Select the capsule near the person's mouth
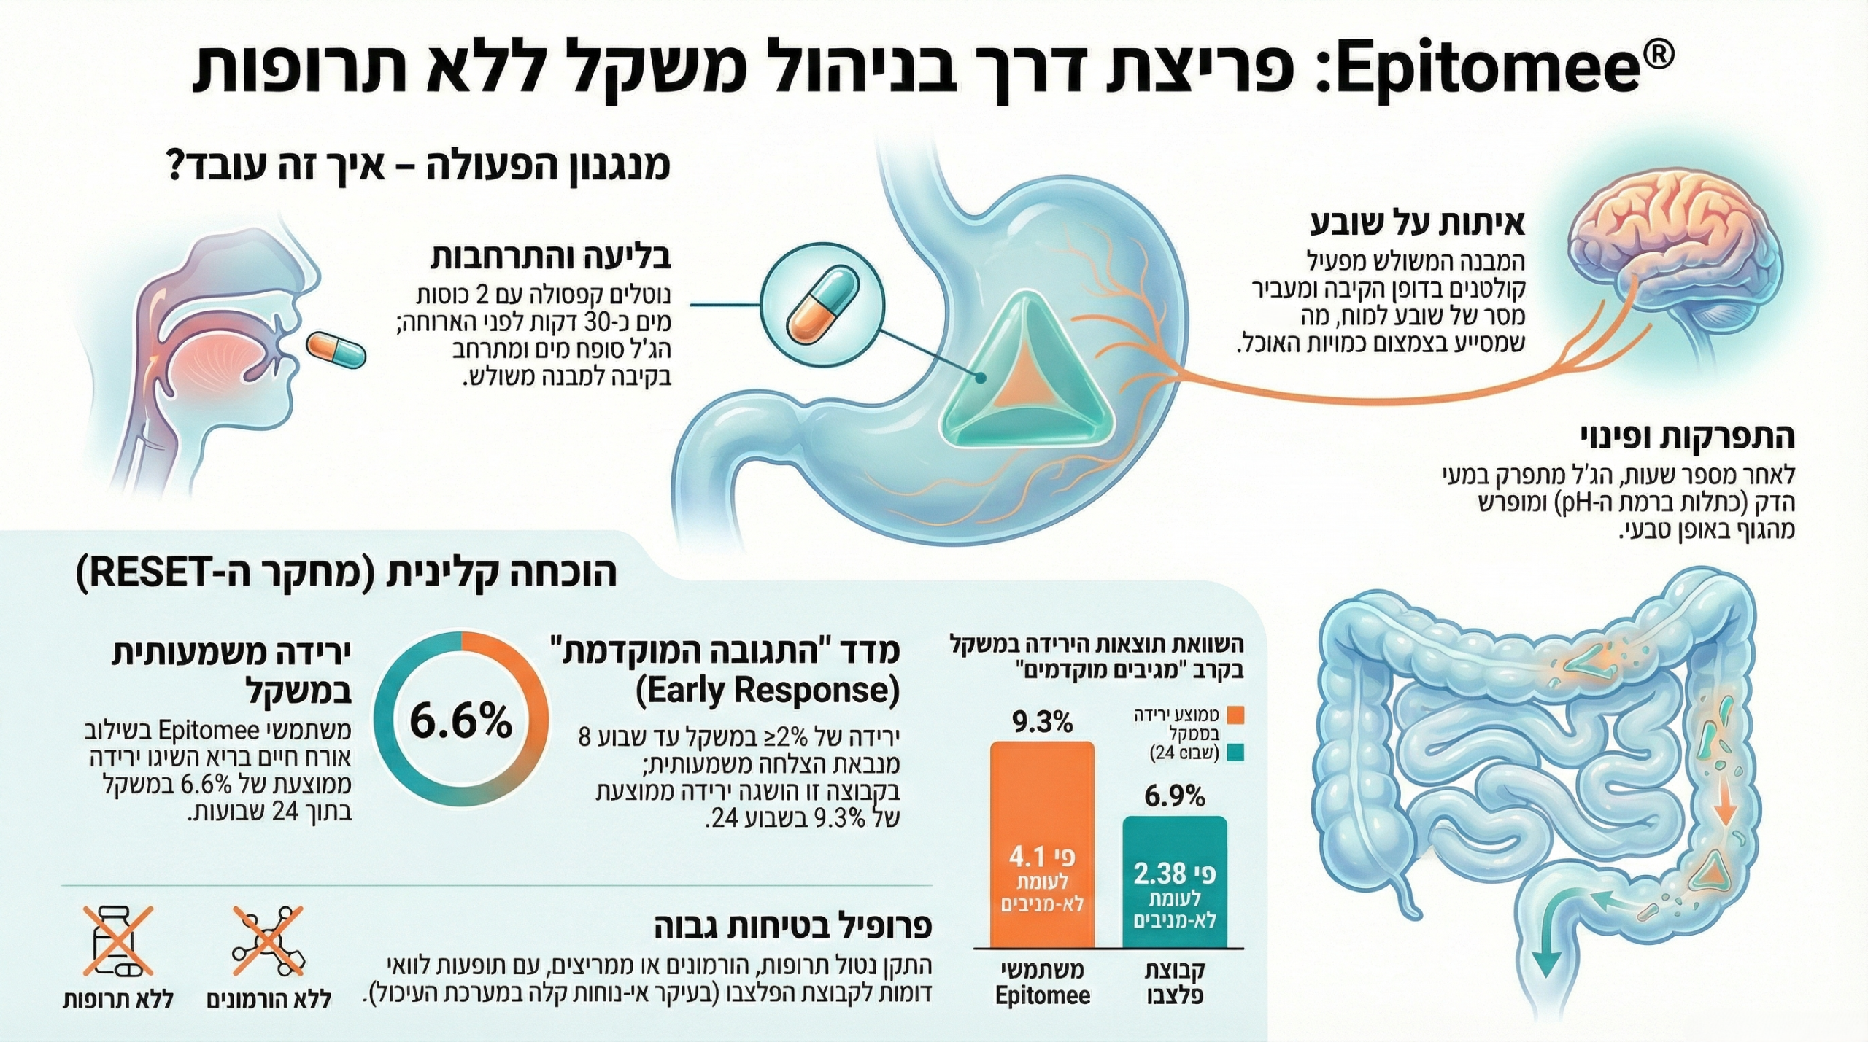point(335,350)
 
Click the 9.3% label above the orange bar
point(1042,723)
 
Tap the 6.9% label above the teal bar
point(1174,797)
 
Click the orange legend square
point(1235,715)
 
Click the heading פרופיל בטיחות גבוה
point(792,927)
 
